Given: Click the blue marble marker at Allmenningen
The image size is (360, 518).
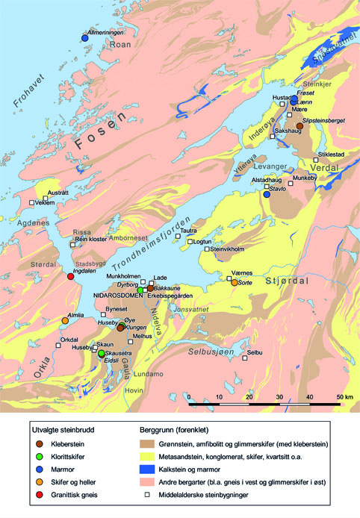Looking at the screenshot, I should (84, 38).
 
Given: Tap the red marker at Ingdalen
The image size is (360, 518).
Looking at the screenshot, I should (71, 277).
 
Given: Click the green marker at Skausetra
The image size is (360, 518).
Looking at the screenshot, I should (102, 353).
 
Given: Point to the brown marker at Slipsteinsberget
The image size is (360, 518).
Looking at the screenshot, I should (300, 126).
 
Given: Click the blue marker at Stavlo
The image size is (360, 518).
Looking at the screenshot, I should (266, 194).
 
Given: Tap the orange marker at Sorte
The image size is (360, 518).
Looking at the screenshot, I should (235, 283).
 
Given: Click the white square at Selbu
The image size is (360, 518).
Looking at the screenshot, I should (244, 358).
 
